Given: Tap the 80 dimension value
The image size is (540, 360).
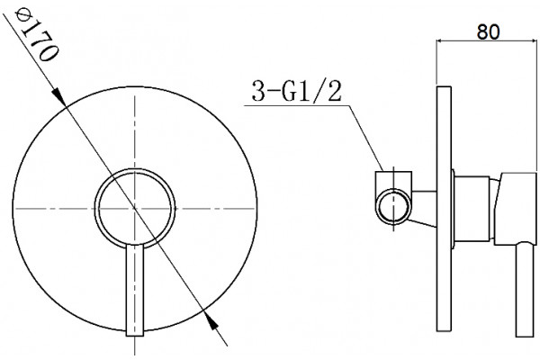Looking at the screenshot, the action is click(x=488, y=32).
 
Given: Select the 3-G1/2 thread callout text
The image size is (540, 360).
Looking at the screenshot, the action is click(x=296, y=91).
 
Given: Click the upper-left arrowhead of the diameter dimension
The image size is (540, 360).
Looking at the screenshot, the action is click(x=58, y=95).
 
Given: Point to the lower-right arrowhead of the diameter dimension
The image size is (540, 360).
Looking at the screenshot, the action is click(x=211, y=321).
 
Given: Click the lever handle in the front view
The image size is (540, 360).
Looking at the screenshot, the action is click(x=135, y=290).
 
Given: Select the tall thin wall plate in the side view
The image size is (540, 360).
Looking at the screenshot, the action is click(x=444, y=210).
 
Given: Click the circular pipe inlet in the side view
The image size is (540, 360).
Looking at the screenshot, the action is click(x=393, y=207).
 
